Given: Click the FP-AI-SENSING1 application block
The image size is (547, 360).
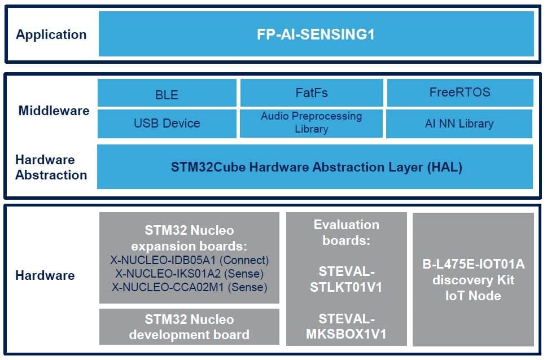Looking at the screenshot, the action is pos(316,34).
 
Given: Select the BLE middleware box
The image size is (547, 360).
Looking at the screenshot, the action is pos(167,93).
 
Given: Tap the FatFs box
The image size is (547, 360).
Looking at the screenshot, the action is pos(312,93).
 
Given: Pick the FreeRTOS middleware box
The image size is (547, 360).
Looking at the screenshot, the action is pos(460,93).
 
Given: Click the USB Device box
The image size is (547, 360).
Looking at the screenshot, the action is pos(167,124).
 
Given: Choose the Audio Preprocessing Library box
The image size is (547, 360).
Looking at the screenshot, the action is pos(311,124).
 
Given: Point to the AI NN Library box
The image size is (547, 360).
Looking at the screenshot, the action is pos(459,124).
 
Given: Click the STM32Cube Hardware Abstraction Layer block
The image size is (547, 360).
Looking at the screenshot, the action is pos(315,167).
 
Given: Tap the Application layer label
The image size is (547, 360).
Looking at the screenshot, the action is pos(51,34).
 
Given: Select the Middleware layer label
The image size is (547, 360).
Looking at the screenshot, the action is pos(54,111).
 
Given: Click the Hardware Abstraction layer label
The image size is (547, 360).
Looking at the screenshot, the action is pos(51,168).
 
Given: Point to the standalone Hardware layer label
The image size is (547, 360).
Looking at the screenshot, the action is pos(45,275).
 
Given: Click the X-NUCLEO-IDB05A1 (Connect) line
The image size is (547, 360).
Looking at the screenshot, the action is pos(190,260).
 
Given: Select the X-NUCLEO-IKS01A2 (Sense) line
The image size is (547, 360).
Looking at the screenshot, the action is pos(190,274).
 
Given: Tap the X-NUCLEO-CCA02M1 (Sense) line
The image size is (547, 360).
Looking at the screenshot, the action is pos(190,287).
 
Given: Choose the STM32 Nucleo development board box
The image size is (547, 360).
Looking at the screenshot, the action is pos(190,327).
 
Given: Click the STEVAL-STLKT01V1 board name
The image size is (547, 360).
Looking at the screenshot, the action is pos(347,279).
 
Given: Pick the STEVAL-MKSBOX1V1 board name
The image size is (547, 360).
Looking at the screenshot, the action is pos(347,327).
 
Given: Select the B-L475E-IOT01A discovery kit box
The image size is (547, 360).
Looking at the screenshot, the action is pos(474,279).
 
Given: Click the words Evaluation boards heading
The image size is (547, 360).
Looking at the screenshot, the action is pos(347,232).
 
